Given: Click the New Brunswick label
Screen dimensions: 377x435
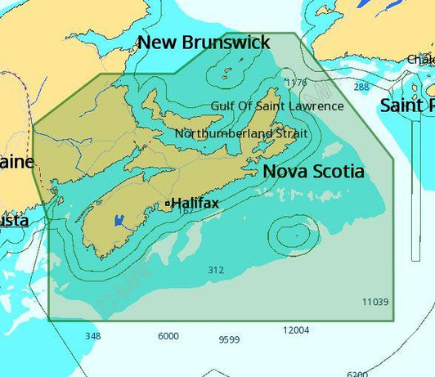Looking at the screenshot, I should (x=203, y=43).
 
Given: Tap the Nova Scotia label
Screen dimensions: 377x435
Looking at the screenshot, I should (x=313, y=172).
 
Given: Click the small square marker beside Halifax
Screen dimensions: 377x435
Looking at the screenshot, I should (x=168, y=203).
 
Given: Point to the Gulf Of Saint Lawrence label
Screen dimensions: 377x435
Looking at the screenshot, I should (x=277, y=106).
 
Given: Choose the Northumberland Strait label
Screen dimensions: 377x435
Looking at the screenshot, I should (x=240, y=132).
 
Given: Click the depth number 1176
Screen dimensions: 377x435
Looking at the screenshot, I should (x=295, y=83).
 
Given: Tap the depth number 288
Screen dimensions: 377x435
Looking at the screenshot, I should (x=361, y=87).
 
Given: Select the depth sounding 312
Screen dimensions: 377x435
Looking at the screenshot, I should (x=216, y=270).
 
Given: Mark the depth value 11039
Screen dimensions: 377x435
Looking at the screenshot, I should (x=375, y=302).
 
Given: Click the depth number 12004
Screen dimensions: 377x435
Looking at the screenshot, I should (x=296, y=330).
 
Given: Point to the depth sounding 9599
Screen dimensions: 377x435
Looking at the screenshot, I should (x=229, y=339).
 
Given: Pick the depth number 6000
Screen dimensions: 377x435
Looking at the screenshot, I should (x=168, y=336).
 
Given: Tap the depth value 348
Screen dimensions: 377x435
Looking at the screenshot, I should (x=93, y=336).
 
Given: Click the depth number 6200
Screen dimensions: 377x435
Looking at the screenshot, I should (x=357, y=374).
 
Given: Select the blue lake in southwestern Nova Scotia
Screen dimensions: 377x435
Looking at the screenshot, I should (x=119, y=220).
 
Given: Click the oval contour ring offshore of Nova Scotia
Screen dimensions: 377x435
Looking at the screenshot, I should (x=291, y=234).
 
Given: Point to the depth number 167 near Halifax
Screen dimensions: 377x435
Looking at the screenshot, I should (x=185, y=211).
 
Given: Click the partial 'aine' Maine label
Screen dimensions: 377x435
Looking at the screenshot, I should (x=16, y=161).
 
